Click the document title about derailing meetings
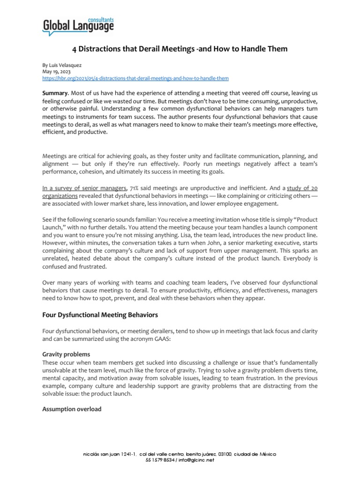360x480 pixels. click(180, 49)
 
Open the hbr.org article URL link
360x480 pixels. click(135, 78)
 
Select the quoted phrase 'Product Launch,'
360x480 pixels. click(302, 219)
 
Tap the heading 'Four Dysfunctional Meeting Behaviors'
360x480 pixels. click(100, 314)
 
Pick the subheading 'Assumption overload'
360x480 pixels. click(72, 409)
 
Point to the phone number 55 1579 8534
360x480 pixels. click(161, 460)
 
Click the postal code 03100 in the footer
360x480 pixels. click(225, 454)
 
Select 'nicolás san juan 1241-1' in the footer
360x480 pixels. click(109, 454)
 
